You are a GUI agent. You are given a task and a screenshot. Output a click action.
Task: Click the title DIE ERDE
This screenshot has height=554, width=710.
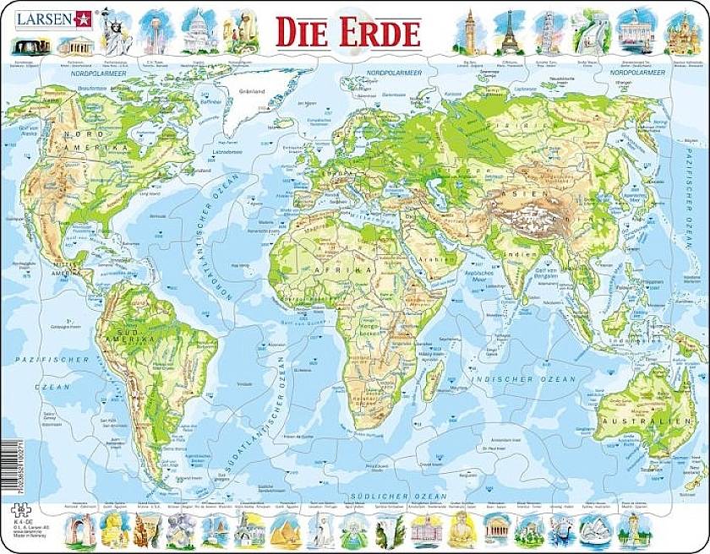347,33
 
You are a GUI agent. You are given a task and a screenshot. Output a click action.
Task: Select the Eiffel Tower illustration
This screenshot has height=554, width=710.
509,31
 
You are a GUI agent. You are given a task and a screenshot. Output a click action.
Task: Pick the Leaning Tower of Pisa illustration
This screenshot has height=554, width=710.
549,32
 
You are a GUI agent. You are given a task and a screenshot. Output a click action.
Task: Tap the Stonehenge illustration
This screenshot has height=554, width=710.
32,43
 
